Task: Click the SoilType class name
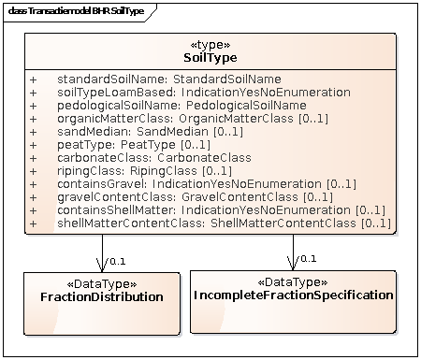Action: [210, 58]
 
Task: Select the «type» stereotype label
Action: [210, 44]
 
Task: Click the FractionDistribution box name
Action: [102, 296]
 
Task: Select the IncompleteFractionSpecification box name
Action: [293, 295]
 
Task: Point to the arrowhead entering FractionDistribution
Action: [102, 266]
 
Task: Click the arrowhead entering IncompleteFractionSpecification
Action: [294, 264]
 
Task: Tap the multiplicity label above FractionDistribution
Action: [117, 261]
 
